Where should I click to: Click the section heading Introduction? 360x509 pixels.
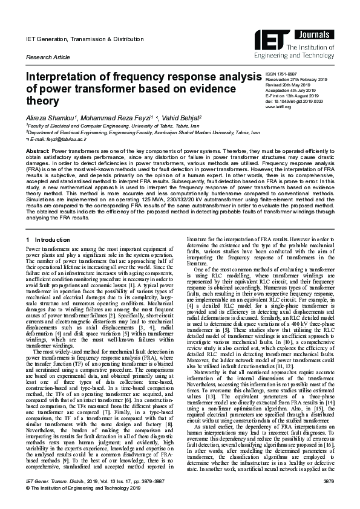tap(56, 240)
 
